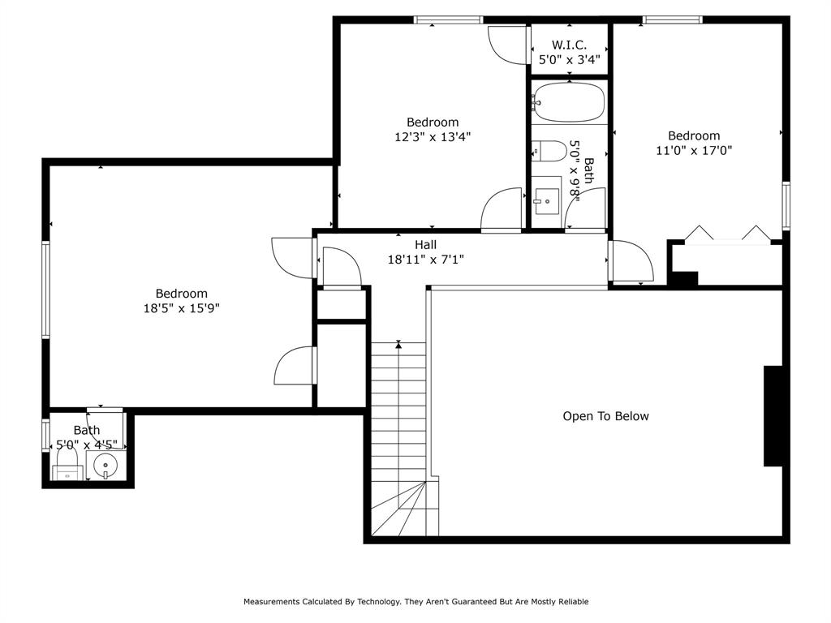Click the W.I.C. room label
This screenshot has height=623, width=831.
569,45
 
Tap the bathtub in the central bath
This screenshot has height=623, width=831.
570,102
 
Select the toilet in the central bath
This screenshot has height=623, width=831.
549,152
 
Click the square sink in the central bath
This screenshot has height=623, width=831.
546,197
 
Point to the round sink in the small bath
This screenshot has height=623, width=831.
105,466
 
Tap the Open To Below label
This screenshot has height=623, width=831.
605,416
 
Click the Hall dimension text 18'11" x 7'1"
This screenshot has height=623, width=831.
425,260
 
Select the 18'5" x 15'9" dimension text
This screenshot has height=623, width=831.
181,308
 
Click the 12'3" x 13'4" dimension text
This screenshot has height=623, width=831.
433,137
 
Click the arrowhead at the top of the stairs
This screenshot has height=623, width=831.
398,346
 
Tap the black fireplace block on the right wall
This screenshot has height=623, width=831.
773,416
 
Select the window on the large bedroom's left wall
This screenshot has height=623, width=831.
46,289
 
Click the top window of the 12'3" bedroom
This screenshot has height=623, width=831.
448,19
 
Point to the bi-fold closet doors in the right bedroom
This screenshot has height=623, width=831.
727,234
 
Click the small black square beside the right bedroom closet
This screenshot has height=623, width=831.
683,278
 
